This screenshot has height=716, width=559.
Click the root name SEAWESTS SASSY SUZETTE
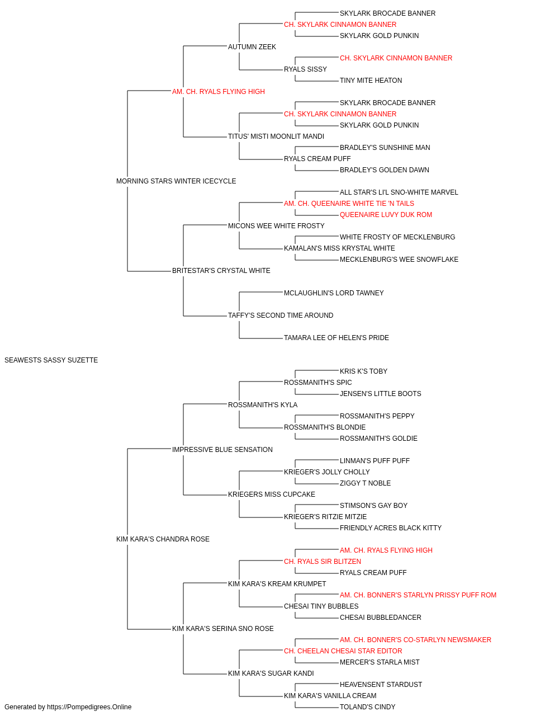point(51,360)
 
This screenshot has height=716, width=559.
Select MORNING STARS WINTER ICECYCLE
point(176,181)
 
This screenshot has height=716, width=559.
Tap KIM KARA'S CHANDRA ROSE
point(163,539)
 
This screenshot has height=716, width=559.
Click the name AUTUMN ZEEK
point(252,47)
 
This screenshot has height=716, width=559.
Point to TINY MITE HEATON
point(371,81)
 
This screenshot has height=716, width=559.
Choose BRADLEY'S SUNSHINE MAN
point(385,148)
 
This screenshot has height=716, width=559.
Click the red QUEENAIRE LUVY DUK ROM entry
point(386,215)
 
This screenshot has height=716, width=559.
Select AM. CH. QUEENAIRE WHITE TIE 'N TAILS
point(349,204)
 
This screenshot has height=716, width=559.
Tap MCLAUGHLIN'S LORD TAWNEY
point(334,293)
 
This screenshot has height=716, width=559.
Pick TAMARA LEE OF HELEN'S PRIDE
point(337,338)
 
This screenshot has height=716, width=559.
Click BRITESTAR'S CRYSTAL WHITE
point(221,271)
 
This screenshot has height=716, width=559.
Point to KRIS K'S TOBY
point(363,371)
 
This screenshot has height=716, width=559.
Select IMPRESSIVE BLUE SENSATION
point(222,450)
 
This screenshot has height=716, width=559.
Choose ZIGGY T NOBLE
point(365,483)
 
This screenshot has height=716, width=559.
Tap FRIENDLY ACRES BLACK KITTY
point(390,528)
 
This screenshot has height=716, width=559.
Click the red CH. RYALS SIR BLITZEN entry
point(323,562)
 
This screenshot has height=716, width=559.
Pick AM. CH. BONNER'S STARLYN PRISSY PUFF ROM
point(418,595)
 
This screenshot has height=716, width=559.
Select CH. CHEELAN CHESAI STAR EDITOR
point(343,651)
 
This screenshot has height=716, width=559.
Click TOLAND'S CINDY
point(367,707)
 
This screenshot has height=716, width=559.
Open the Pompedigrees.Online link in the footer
point(89,707)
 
